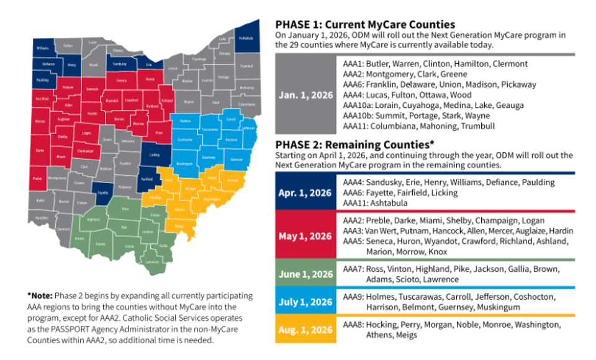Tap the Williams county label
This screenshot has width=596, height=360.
coord(42,48)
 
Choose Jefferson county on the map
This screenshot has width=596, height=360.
coord(249,129)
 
